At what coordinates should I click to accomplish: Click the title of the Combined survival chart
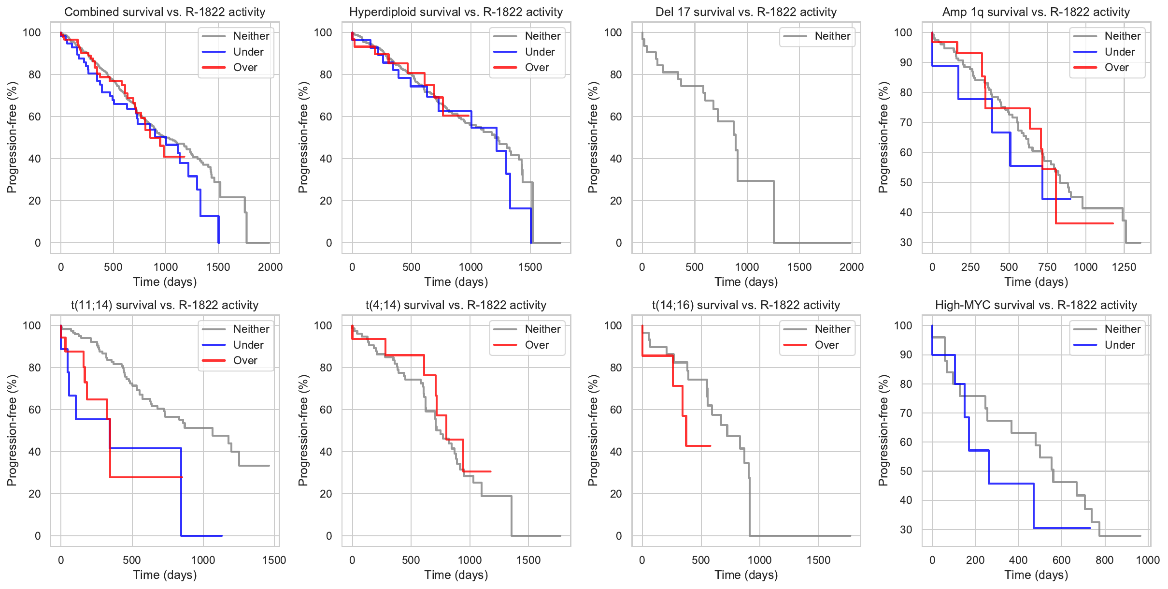coord(165,12)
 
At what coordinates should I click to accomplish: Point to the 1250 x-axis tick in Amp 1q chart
coord(1124,267)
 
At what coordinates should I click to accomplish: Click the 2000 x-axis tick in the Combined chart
coord(270,267)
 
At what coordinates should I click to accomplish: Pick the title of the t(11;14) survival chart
coord(165,305)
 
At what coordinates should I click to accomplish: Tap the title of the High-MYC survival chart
coord(1036,305)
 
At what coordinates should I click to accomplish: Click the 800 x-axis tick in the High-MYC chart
coord(1104,560)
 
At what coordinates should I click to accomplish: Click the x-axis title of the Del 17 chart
coord(746,282)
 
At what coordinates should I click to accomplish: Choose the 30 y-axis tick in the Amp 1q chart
coord(906,242)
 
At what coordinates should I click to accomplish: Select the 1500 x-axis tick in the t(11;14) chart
coord(274,560)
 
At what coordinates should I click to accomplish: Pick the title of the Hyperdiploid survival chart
coord(456,12)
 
